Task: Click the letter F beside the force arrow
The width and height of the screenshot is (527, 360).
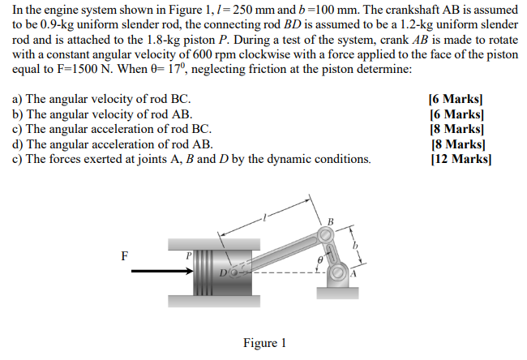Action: pos(124,255)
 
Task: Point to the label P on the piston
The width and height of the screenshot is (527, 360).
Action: pos(188,255)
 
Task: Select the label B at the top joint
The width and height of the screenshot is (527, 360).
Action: pos(330,221)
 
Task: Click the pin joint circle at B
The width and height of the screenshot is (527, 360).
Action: pos(326,235)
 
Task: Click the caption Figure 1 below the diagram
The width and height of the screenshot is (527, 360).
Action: pos(264,343)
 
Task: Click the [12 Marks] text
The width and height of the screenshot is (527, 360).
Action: pos(461,159)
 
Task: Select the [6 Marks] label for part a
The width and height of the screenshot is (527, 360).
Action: pos(461,101)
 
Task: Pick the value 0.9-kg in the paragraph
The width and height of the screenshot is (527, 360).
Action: pos(47,26)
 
